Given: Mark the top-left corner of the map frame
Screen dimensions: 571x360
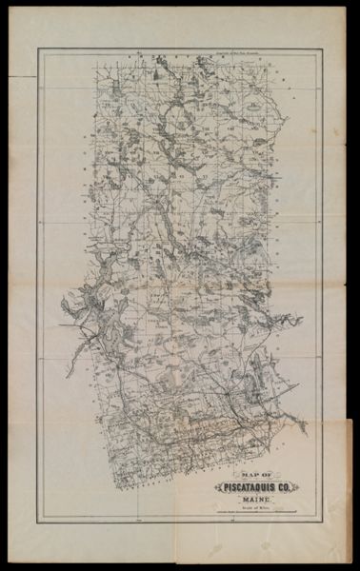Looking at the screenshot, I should click(39, 48).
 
